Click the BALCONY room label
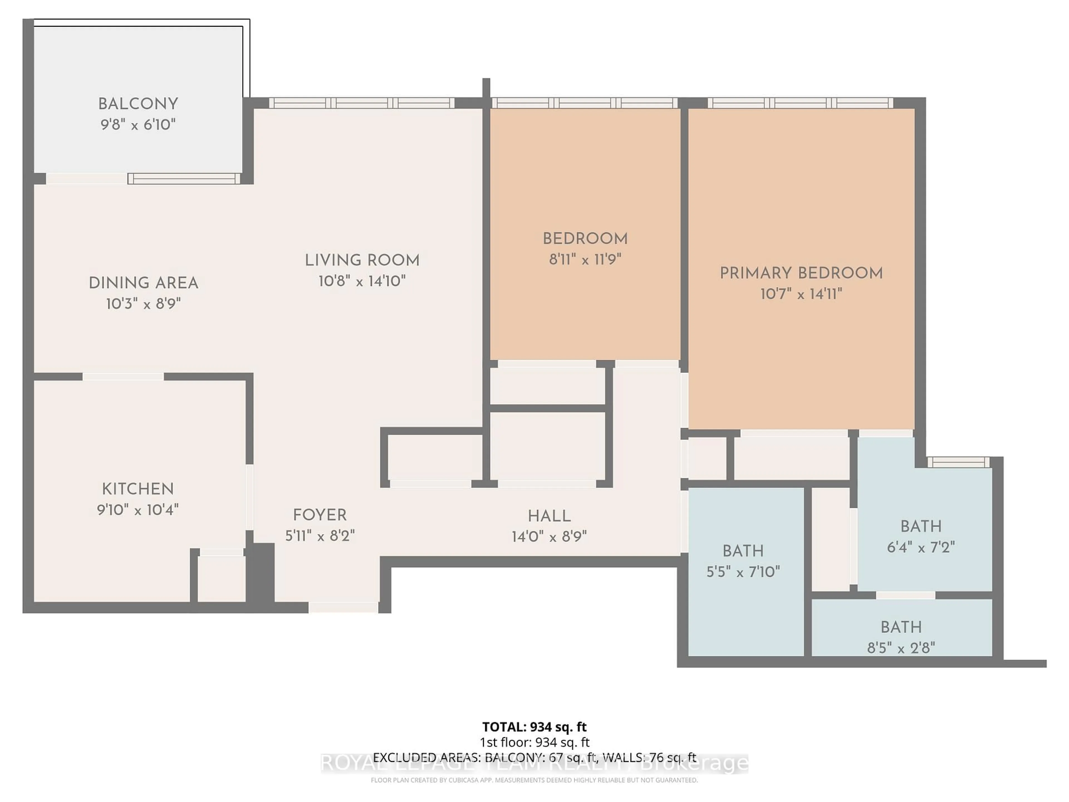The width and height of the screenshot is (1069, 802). click(x=138, y=104)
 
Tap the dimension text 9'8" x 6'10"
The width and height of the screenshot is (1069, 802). click(x=138, y=125)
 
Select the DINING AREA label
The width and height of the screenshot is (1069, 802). click(x=144, y=283)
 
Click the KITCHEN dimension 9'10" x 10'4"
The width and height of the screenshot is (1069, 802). click(x=138, y=510)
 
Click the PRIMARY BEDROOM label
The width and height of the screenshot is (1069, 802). click(x=801, y=273)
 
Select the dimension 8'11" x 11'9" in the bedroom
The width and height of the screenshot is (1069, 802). click(x=585, y=260)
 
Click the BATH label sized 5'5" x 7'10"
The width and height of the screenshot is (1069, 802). click(x=743, y=551)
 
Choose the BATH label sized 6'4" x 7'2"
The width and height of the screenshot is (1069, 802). click(x=921, y=526)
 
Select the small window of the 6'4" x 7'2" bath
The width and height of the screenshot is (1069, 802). click(x=958, y=462)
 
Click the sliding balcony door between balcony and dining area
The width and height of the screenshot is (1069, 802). click(x=184, y=179)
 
